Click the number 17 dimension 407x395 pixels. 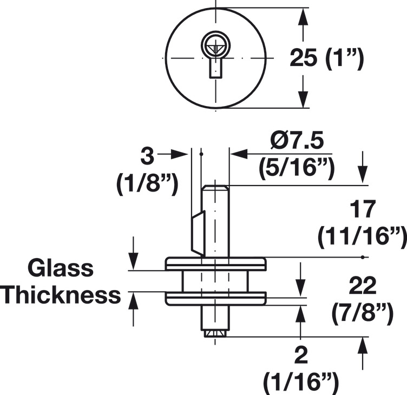point(361,208)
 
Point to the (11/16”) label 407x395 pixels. point(362,236)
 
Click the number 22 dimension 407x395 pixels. point(362,285)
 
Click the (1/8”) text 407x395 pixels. point(147,185)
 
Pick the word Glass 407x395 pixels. point(61,268)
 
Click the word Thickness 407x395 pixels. point(61,295)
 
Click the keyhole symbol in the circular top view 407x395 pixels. point(215,54)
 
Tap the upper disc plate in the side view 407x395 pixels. point(215,264)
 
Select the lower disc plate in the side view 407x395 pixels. point(215,297)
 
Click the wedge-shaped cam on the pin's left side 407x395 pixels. point(198,234)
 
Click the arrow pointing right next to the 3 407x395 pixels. point(178,154)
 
